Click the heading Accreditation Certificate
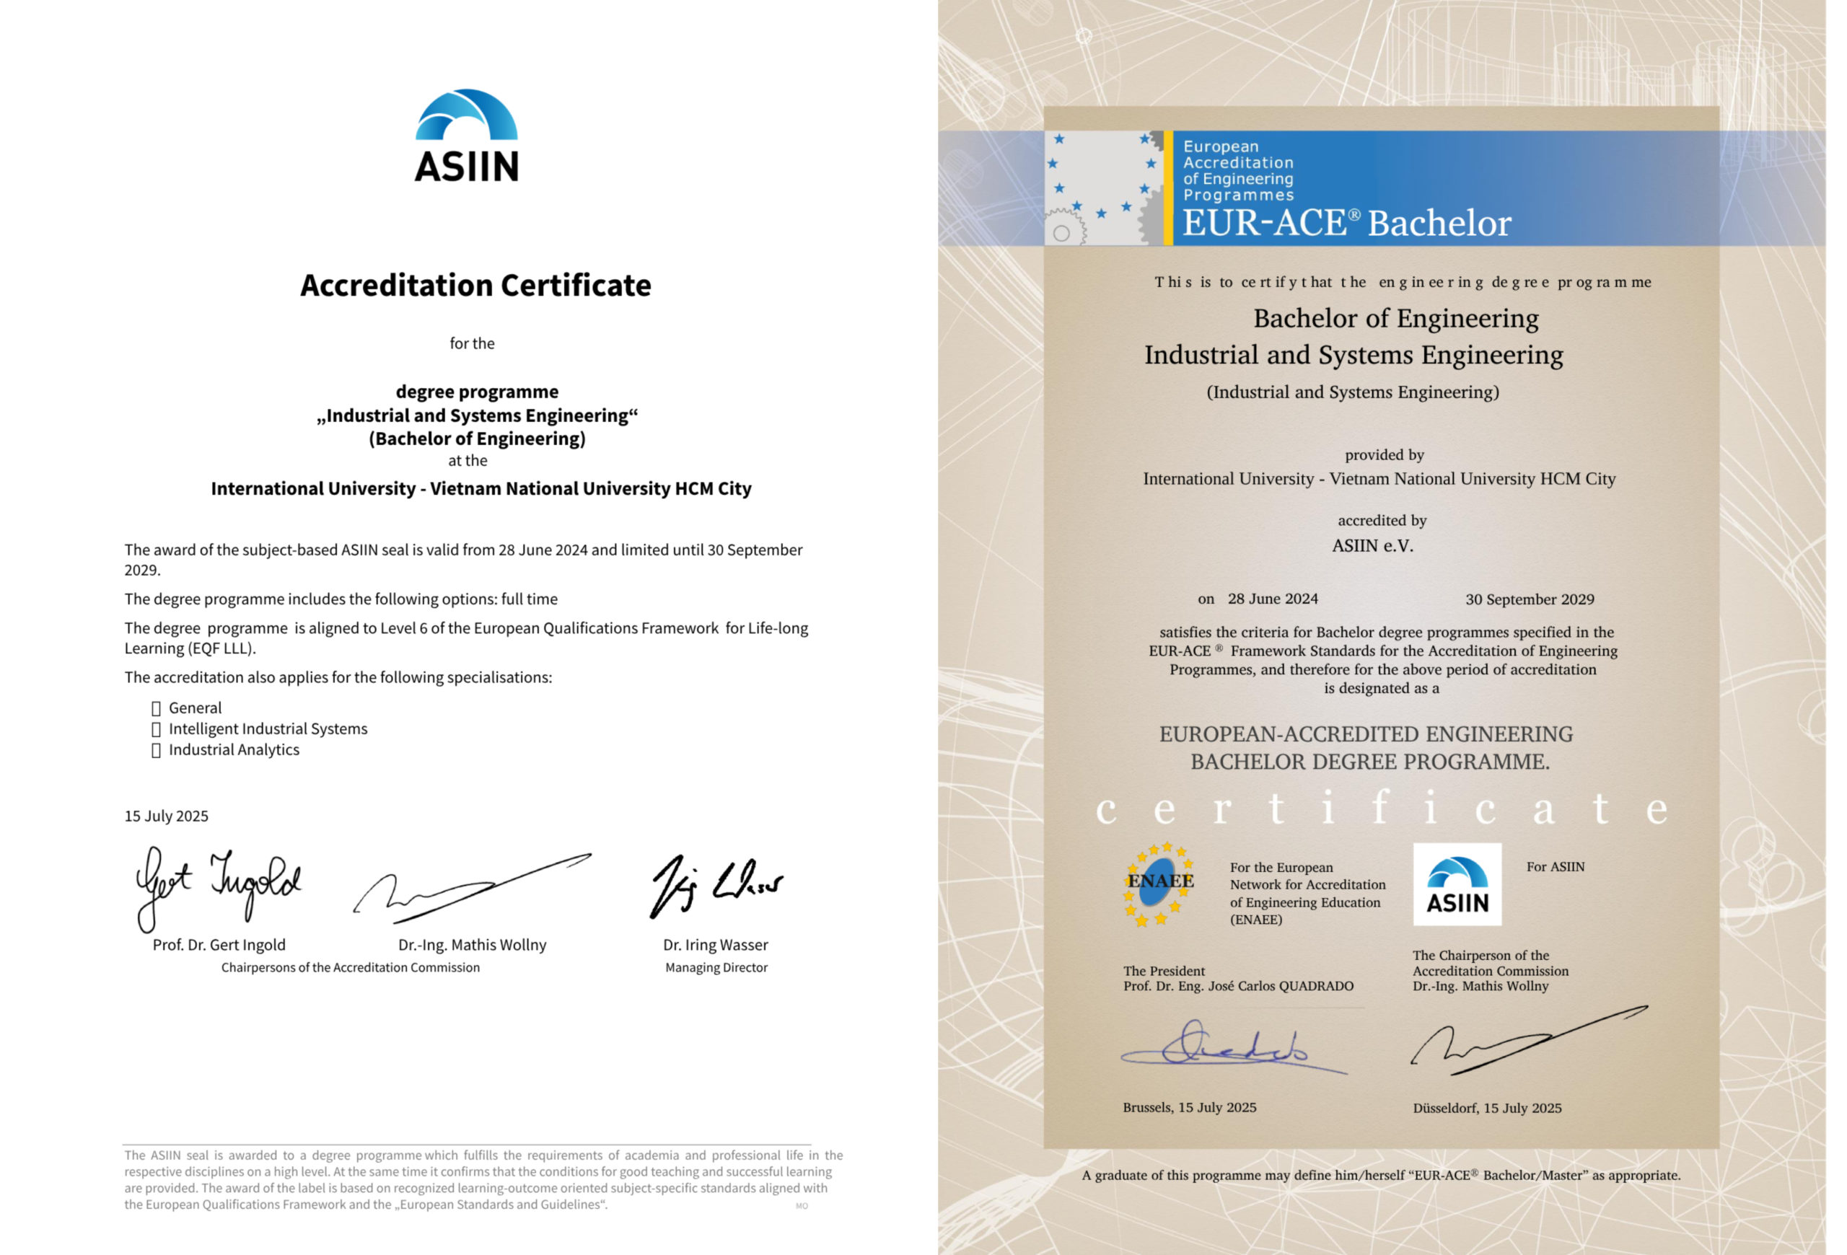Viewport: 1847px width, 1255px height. (x=475, y=285)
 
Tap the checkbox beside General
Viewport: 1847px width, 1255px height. (x=156, y=708)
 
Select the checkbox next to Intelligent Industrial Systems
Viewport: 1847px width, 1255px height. (x=156, y=729)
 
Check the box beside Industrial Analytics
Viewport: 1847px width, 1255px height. (x=156, y=751)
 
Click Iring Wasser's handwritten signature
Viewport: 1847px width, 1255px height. (x=716, y=884)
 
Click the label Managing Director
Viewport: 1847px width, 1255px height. (x=716, y=967)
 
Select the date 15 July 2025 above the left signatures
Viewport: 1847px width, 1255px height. (x=166, y=816)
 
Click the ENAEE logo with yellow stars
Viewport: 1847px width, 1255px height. (x=1159, y=884)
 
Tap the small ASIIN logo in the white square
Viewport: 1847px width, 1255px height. (x=1457, y=884)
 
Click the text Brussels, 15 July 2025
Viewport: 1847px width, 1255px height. (x=1189, y=1107)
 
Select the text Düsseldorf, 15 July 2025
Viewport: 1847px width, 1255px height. (x=1486, y=1108)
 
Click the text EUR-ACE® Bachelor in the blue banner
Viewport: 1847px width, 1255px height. (x=1346, y=223)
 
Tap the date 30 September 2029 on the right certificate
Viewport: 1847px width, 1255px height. (x=1529, y=599)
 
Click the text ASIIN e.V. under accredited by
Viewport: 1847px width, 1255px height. (x=1372, y=546)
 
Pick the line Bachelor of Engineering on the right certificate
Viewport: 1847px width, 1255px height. (x=1395, y=319)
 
